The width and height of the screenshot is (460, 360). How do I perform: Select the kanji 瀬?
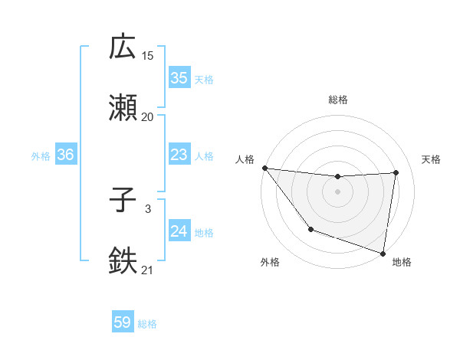(x=123, y=108)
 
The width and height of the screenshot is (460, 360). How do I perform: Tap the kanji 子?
(x=123, y=201)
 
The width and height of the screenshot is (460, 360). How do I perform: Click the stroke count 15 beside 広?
(x=147, y=55)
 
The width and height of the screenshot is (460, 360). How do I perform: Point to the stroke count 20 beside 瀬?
(x=147, y=116)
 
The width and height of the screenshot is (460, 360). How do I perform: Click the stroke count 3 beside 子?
(x=147, y=208)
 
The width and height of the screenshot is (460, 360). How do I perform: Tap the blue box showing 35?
(x=179, y=78)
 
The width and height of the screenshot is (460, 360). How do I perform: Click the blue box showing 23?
(x=179, y=155)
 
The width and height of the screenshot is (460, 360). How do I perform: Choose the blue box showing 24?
(x=179, y=231)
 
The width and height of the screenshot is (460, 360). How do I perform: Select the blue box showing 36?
(x=66, y=155)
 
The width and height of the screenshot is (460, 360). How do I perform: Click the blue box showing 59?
(x=123, y=322)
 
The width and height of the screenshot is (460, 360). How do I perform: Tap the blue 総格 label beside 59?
(x=147, y=324)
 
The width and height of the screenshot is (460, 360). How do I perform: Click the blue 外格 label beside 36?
(x=41, y=156)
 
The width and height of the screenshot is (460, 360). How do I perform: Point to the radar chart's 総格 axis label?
(x=338, y=100)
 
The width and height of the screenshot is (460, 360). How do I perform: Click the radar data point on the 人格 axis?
(x=264, y=168)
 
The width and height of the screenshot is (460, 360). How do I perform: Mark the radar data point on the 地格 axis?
(x=383, y=253)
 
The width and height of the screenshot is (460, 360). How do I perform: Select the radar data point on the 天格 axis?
(x=396, y=172)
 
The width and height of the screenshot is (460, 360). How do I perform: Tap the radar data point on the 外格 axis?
(x=310, y=229)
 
